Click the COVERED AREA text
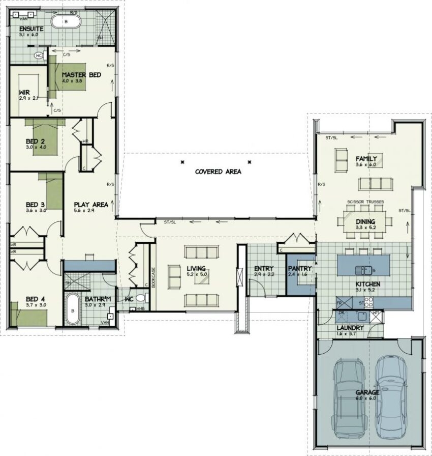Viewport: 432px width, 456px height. pyautogui.click(x=218, y=172)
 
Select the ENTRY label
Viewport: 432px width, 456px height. pyautogui.click(x=264, y=268)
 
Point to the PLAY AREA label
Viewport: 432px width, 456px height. pyautogui.click(x=90, y=204)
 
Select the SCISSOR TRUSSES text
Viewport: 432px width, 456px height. pyautogui.click(x=365, y=202)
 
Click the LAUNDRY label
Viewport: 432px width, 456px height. pyautogui.click(x=350, y=328)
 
